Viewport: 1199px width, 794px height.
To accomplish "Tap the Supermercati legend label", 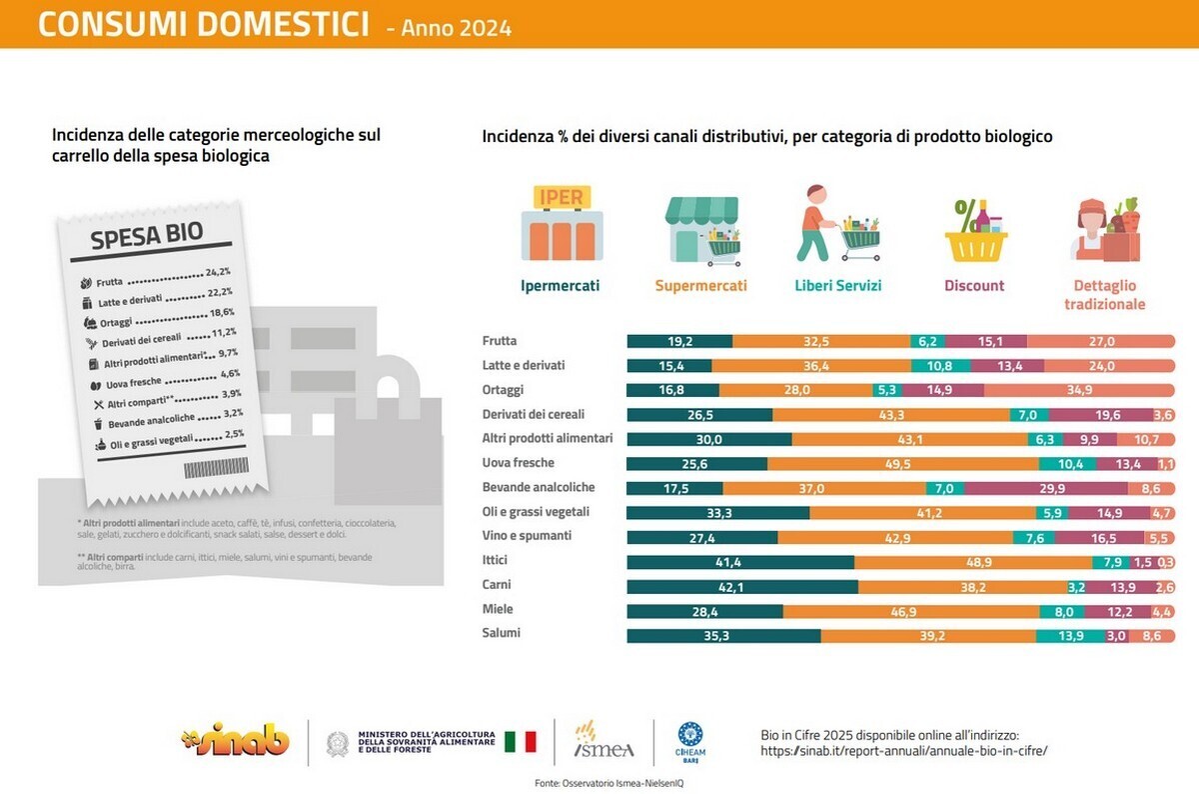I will click(x=700, y=286).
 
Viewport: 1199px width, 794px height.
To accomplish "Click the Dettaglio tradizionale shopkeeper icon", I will click(x=1105, y=229).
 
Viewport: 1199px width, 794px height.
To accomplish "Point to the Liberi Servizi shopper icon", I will click(x=838, y=224).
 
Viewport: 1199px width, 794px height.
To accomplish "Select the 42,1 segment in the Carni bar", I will click(x=741, y=587).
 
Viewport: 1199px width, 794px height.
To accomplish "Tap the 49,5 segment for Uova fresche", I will click(x=903, y=463).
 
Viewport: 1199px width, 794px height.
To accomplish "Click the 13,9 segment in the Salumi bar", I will click(x=1070, y=636).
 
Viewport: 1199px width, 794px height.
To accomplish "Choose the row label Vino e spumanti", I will click(x=526, y=536).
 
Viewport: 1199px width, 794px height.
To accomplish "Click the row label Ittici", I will click(x=497, y=560).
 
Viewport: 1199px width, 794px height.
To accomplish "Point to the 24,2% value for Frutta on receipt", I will click(x=218, y=272).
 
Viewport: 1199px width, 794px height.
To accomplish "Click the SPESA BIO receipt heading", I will click(x=147, y=236).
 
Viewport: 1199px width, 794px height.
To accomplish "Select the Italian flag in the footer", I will click(x=520, y=742).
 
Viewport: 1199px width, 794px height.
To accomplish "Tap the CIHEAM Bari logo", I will click(x=692, y=742).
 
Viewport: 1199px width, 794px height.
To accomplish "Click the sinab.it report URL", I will click(x=904, y=750).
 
